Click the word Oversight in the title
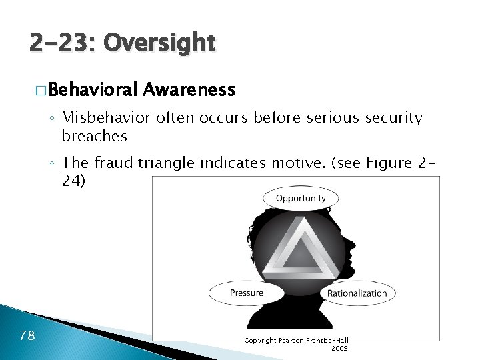[160, 44]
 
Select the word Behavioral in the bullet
[93, 89]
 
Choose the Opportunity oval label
[301, 198]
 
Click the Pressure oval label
[247, 293]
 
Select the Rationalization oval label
[357, 293]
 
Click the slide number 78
[28, 335]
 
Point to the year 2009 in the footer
[339, 348]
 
